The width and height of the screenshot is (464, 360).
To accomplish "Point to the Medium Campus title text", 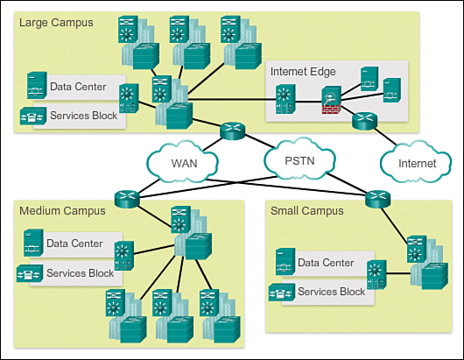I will coord(62,210).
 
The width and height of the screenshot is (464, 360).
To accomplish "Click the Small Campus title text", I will coord(306,211).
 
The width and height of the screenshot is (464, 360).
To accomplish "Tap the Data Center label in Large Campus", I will coord(78,87).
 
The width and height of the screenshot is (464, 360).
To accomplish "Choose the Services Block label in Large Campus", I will coord(86,115).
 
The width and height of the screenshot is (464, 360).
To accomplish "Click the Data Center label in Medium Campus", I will coord(74,244).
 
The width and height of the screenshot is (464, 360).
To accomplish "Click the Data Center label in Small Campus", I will coord(326,263).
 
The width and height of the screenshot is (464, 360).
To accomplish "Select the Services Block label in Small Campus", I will coord(332,292).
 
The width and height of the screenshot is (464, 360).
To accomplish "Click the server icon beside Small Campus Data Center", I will coord(284,263).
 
